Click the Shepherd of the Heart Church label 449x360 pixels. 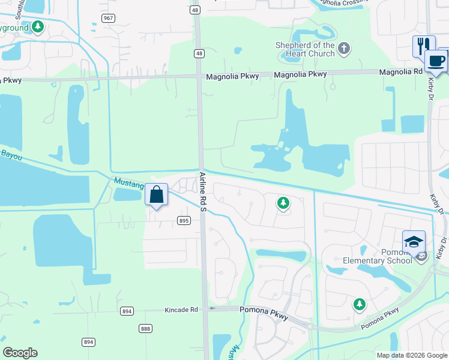[304, 49]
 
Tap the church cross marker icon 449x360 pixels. [343, 49]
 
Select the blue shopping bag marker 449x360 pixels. [156, 195]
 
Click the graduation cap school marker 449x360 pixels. [413, 242]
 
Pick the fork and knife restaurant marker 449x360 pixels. [423, 46]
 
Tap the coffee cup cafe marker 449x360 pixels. [436, 61]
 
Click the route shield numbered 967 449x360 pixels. [108, 18]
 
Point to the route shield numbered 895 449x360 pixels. [184, 221]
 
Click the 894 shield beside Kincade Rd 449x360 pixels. [127, 311]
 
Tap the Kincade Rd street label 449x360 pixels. [181, 310]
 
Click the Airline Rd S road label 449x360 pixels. [203, 191]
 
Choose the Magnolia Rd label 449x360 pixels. [400, 72]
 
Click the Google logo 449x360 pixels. [20, 353]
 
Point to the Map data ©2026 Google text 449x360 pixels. [411, 355]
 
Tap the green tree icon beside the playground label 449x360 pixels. [38, 26]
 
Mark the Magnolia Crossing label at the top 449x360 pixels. [344, 2]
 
